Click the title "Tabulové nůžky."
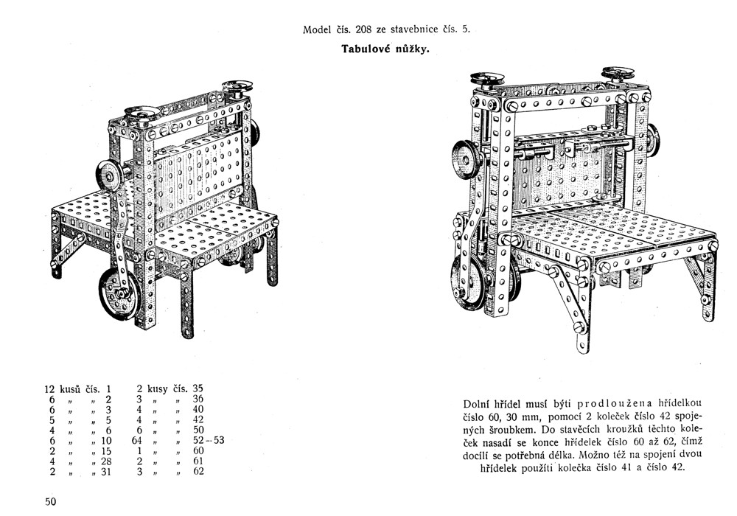point(386,50)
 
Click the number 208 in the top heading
point(362,31)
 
